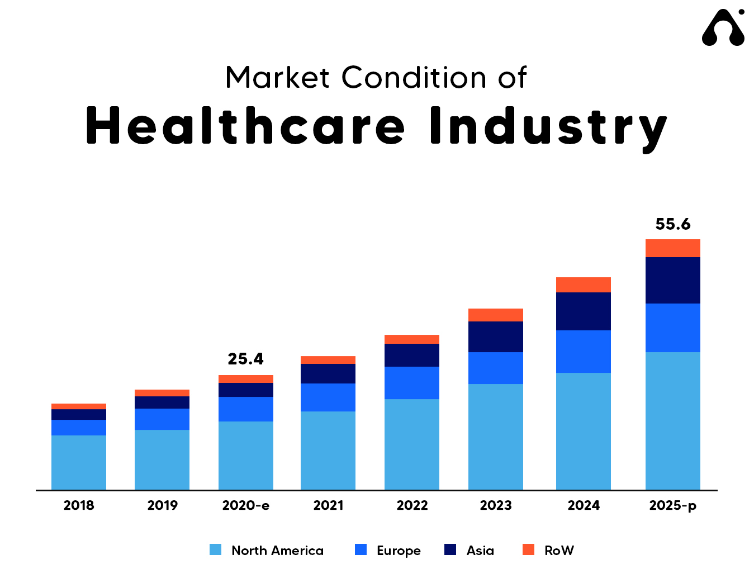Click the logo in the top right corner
pos(723,28)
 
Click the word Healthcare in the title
pos(245,126)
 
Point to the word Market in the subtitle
pos(277,78)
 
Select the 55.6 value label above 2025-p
pos(673,224)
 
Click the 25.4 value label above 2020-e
pos(245,359)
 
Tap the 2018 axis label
pos(79,505)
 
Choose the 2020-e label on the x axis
pos(245,505)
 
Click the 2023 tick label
pos(496,505)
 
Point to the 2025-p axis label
pos(673,505)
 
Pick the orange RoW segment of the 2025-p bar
pos(673,248)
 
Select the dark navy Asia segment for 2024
pos(584,311)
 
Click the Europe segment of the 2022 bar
pos(412,383)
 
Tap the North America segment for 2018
pos(79,462)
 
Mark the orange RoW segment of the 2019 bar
pos(162,393)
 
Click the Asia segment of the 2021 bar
pos(328,373)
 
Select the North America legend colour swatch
pos(215,550)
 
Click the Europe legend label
pos(399,551)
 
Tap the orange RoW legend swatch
pos(528,550)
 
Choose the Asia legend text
pos(480,551)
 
